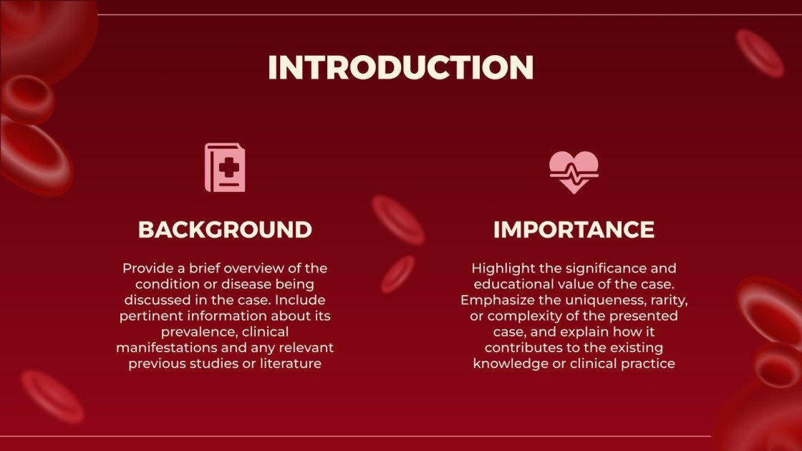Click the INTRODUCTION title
point(400,67)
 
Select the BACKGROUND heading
point(225,230)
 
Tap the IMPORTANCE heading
point(574,230)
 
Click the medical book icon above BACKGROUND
point(225,168)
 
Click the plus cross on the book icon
point(228,168)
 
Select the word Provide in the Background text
point(148,268)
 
